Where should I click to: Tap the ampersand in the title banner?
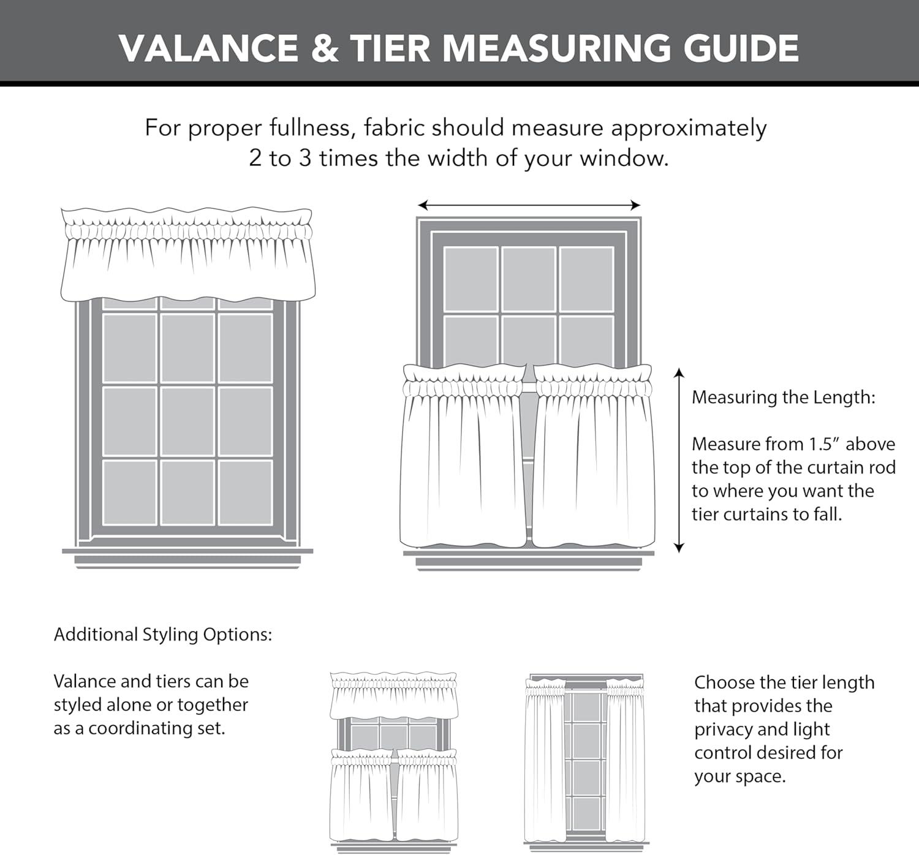pos(324,48)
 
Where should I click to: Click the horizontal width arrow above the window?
pos(529,205)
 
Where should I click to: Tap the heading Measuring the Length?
pos(783,397)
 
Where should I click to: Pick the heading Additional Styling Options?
pos(163,635)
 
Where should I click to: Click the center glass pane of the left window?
pos(187,421)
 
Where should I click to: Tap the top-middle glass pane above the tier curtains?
pos(529,279)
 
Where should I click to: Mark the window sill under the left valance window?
pos(187,555)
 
